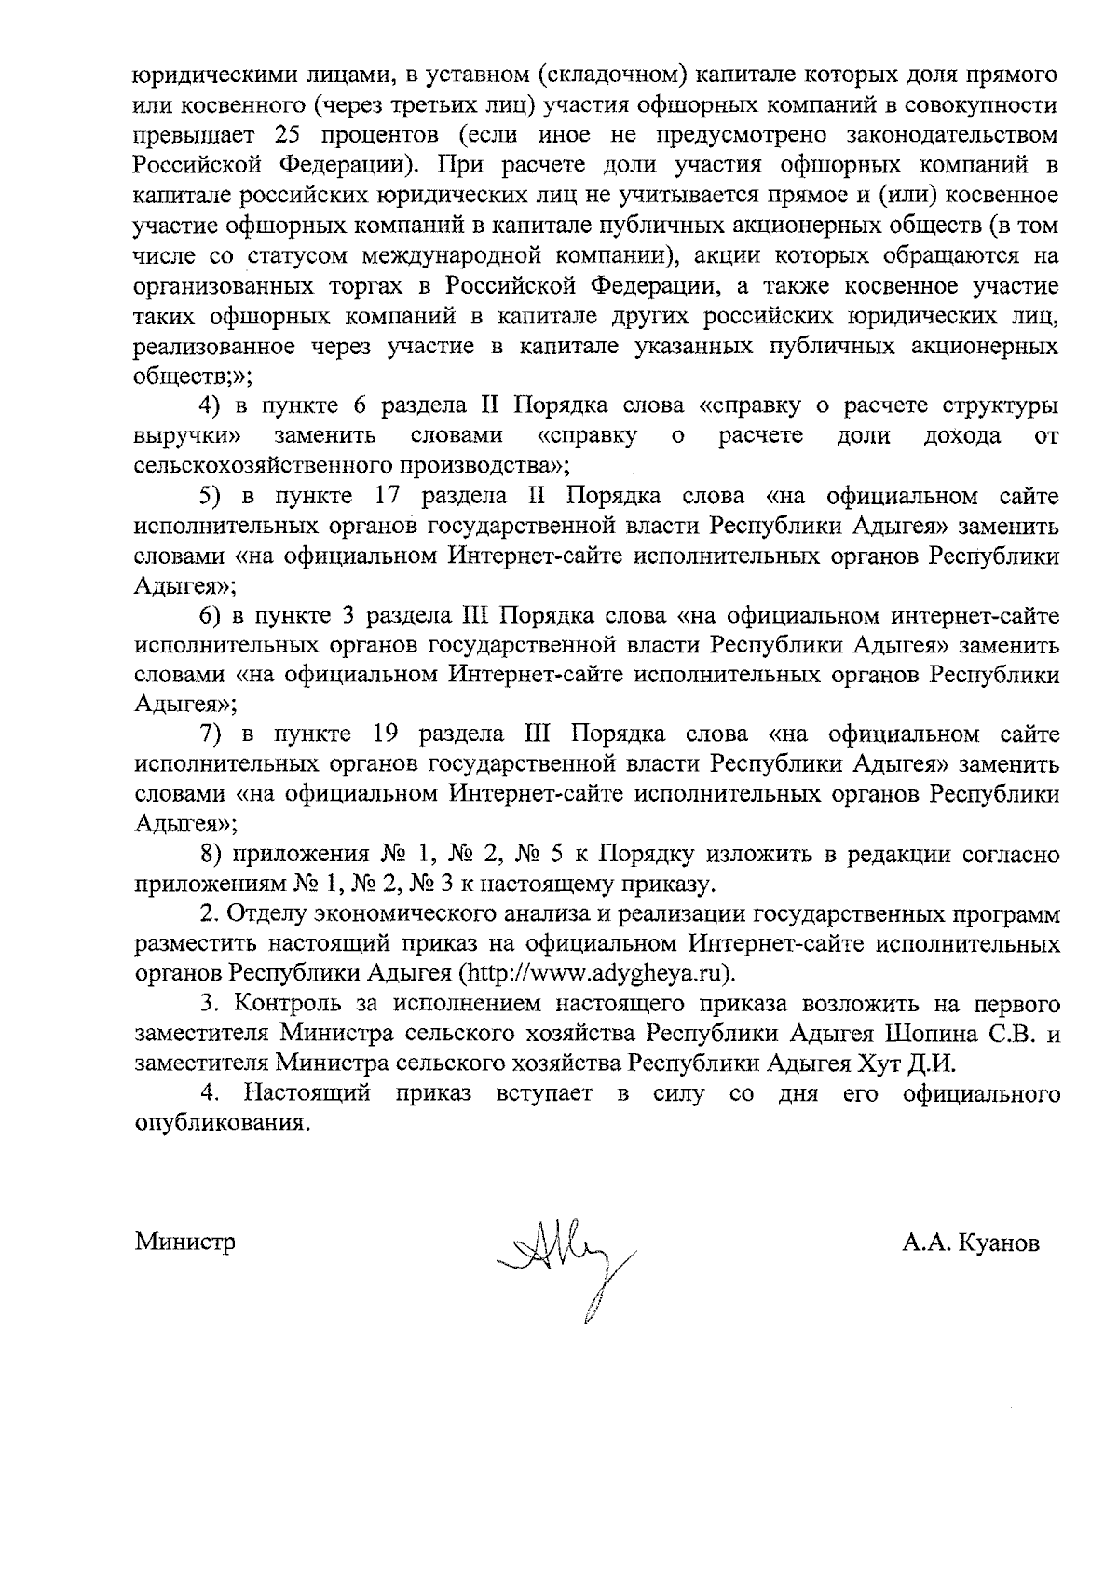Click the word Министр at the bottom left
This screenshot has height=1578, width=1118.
(184, 1242)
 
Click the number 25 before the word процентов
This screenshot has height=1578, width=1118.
(293, 135)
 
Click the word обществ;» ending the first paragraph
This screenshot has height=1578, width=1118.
(193, 377)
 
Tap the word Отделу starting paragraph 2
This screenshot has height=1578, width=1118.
(265, 913)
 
